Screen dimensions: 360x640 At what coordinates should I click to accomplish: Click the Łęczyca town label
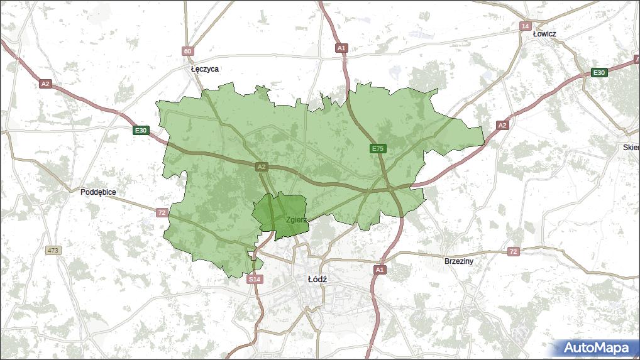point(205,69)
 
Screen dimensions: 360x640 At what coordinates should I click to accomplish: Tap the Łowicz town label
point(544,33)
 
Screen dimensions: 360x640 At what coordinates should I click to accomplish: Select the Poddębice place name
point(98,192)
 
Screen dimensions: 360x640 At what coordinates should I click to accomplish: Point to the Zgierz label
point(296,220)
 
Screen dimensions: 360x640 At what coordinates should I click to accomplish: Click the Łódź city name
point(317,278)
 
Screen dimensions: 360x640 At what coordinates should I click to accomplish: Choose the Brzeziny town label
point(458,261)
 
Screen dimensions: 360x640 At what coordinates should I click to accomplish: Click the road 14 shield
point(526,26)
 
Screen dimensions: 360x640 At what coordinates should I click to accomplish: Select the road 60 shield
point(187,51)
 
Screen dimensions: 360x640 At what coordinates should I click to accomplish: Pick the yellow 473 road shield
point(53,250)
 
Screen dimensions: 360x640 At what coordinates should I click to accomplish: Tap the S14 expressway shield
point(255,278)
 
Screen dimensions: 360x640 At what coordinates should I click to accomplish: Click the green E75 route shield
point(377,148)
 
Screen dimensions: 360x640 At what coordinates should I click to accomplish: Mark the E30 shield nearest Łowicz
point(599,73)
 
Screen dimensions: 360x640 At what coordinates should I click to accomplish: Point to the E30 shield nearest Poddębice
point(141,131)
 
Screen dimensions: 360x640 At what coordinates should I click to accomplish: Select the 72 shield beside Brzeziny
point(514,251)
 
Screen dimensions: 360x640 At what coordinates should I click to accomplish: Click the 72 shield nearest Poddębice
point(162,213)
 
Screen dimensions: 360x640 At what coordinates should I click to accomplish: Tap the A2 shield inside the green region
point(262,166)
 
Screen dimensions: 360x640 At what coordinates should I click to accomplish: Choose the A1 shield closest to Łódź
point(379,270)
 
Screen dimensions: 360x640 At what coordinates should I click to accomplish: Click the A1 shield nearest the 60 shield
point(341,48)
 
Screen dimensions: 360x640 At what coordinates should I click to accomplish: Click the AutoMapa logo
point(596,347)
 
